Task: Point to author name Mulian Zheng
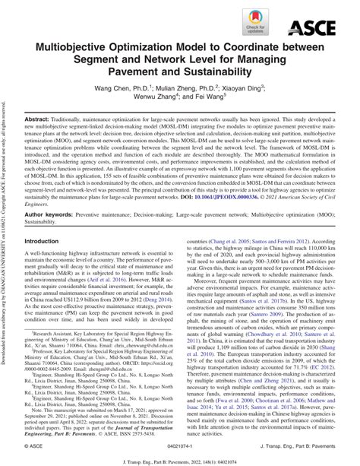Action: [x=182, y=87]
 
